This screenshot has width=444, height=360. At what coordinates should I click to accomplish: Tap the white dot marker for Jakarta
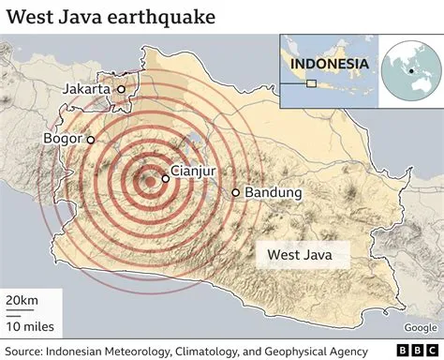coord(122,89)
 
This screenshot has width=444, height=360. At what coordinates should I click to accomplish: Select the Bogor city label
coord(62,139)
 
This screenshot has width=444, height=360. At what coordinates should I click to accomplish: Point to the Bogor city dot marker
coord(91,139)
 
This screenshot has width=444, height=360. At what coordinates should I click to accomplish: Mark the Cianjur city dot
coord(165,177)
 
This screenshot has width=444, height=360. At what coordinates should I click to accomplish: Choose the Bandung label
coord(273,193)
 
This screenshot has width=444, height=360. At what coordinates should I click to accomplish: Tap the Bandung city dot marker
coord(235,193)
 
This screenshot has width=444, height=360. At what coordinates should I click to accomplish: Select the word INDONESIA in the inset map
coord(328,65)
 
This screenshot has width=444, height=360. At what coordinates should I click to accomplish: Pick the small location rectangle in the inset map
coord(311,83)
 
